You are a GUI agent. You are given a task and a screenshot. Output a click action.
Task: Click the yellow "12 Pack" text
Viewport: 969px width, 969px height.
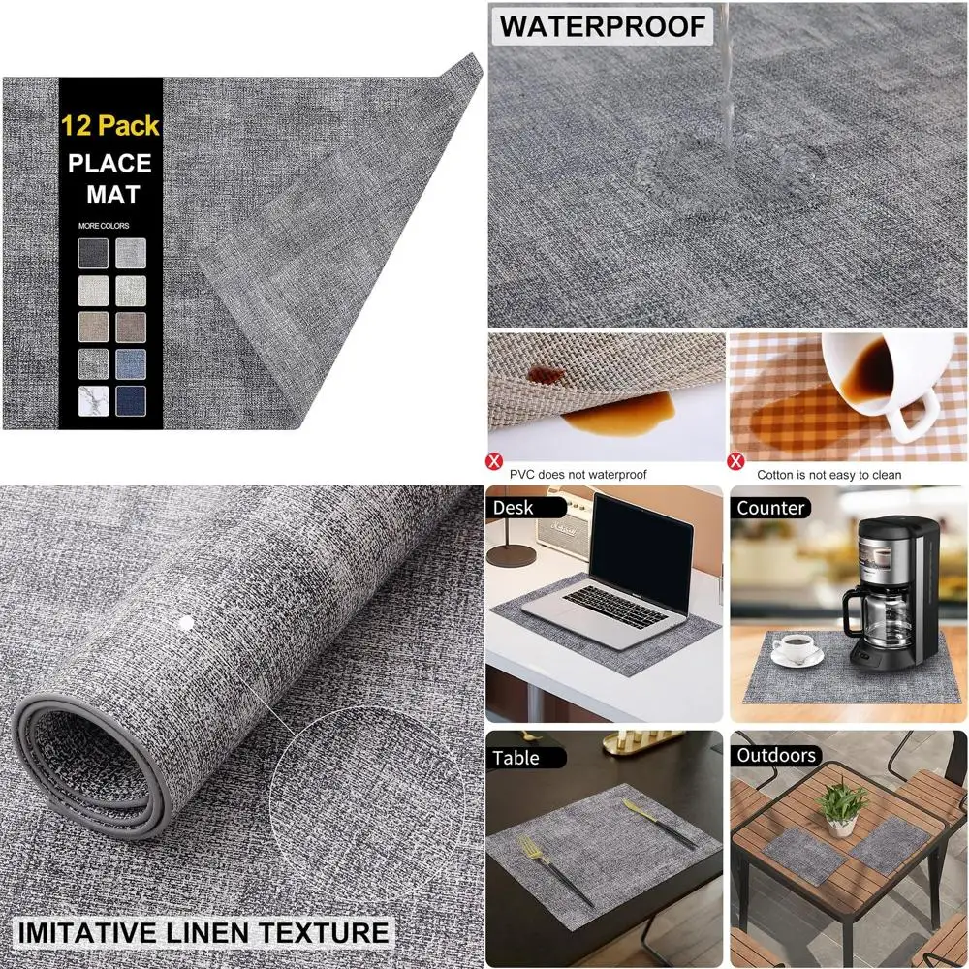click(x=109, y=125)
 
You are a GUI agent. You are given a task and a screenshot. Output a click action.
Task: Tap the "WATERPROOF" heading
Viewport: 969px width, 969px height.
click(x=602, y=26)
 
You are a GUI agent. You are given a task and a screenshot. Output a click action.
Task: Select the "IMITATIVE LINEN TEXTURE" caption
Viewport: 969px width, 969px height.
click(x=200, y=933)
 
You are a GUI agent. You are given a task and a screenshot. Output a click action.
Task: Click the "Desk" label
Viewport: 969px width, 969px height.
click(x=513, y=507)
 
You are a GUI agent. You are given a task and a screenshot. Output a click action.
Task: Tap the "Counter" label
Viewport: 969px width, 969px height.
click(x=770, y=507)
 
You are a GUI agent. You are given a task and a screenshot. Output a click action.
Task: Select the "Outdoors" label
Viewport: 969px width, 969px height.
click(x=776, y=755)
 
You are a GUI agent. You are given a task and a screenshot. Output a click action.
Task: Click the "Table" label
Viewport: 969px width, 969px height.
click(x=516, y=758)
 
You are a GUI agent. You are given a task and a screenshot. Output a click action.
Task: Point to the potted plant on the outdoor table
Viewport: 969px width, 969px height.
click(x=841, y=807)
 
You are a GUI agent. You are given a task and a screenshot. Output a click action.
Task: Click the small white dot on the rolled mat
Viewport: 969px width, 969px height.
click(x=186, y=622)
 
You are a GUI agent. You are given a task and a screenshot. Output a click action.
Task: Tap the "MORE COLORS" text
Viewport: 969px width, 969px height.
click(x=105, y=226)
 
